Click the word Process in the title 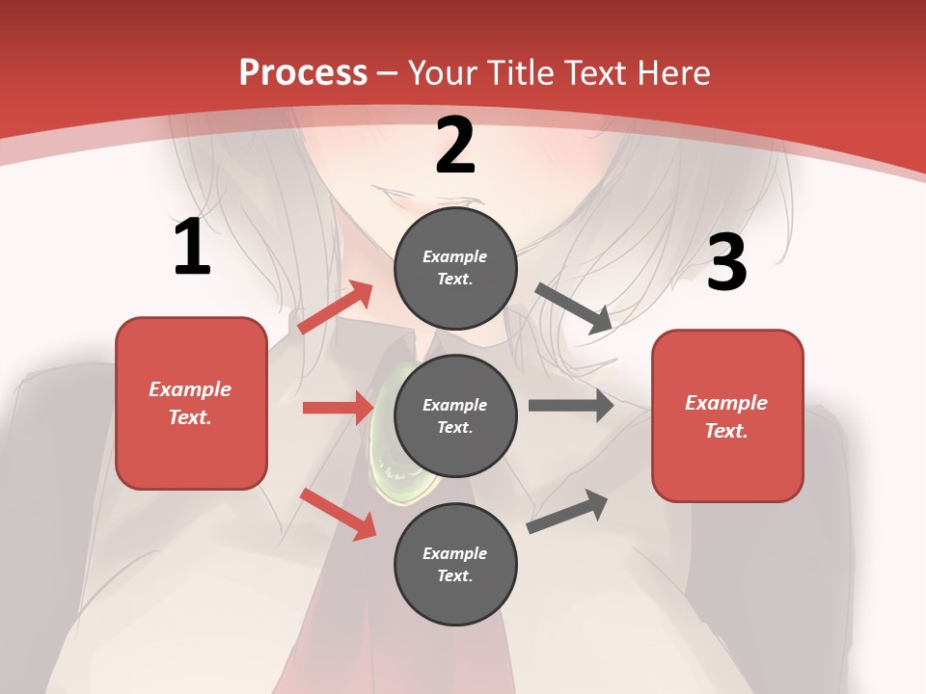pos(303,73)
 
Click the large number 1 pos(192,248)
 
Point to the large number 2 pos(455,146)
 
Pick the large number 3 pos(726,262)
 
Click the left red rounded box pos(191,403)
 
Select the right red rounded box pos(727,416)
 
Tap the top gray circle pos(455,267)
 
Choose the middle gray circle pos(455,415)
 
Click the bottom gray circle pos(455,564)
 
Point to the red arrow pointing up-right pos(336,307)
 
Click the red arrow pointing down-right pos(339,514)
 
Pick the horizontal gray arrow pos(571,406)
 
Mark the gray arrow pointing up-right pos(567,511)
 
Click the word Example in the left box pos(190,389)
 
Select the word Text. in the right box pos(726,431)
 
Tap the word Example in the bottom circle pos(455,553)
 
